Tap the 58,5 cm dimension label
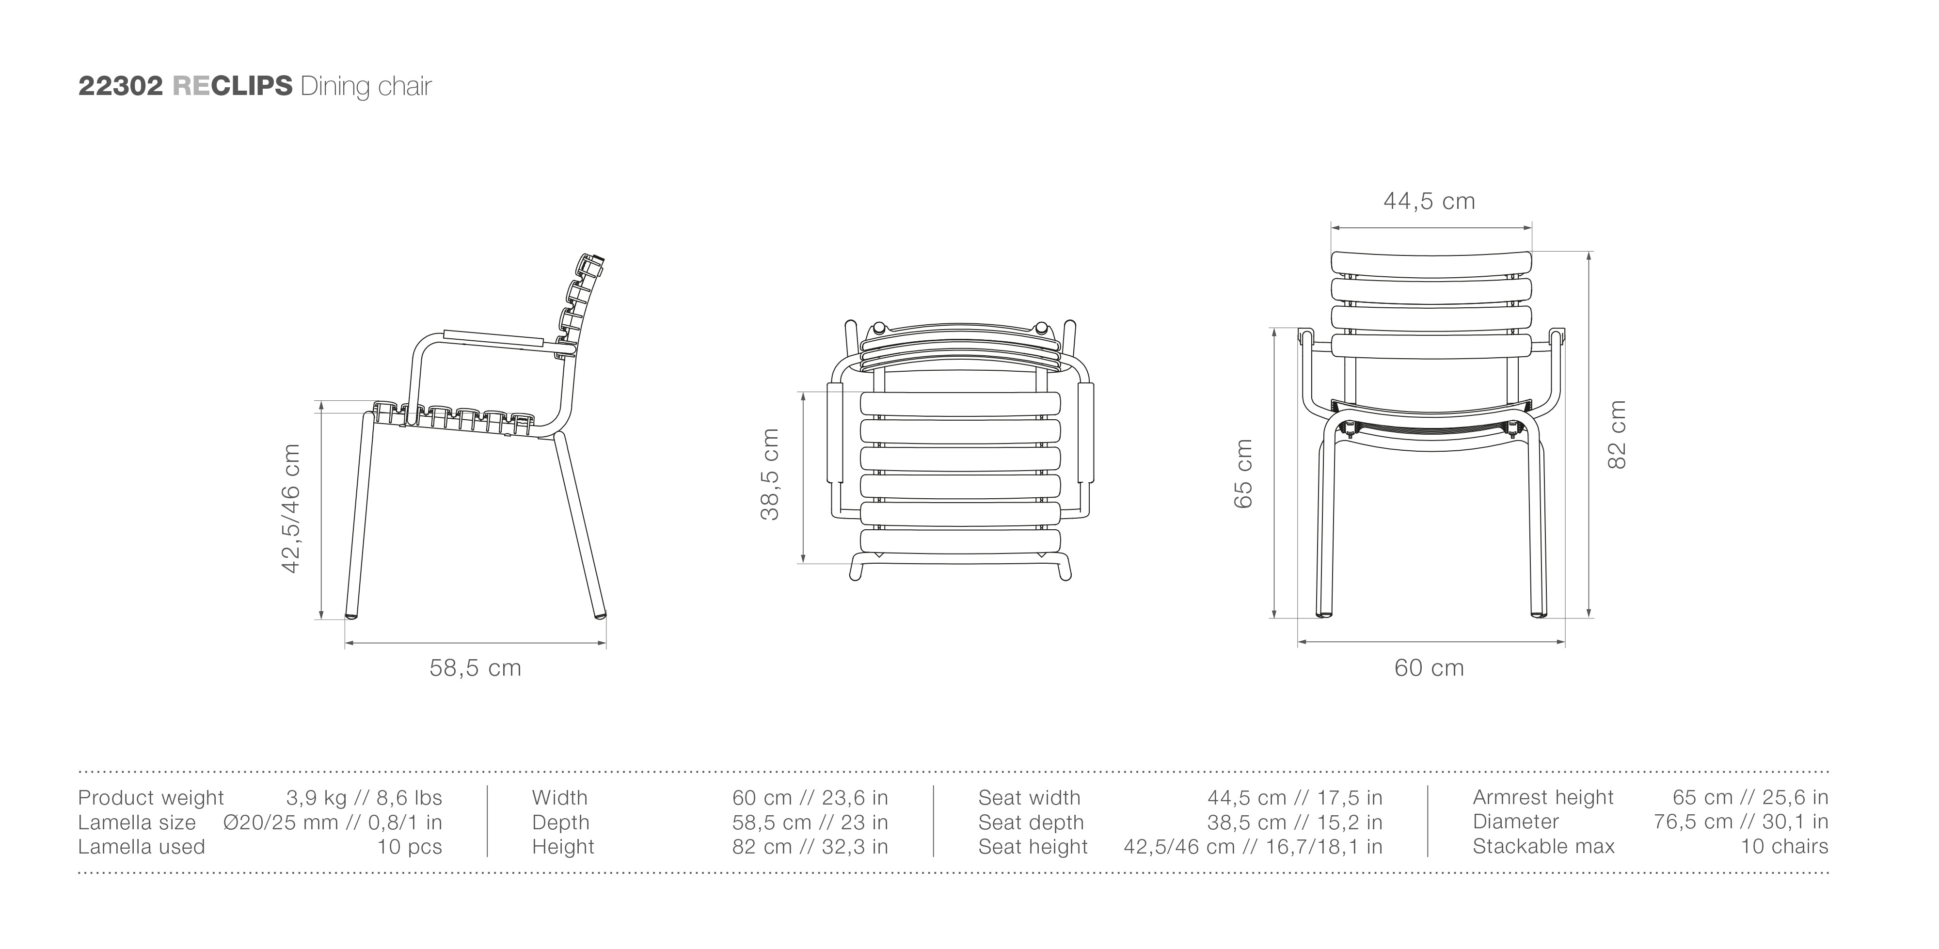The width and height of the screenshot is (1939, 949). (476, 667)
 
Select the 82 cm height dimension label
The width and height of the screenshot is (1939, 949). (1617, 435)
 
